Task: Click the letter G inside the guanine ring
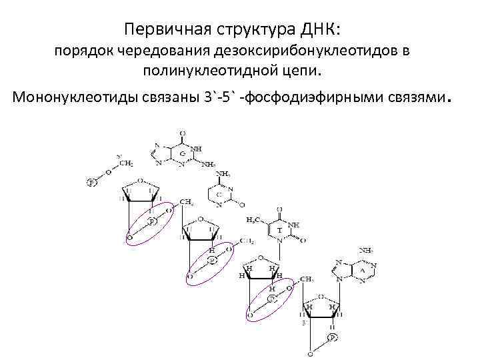coord(182,155)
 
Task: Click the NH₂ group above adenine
coord(366,251)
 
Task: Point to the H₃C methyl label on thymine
coord(253,219)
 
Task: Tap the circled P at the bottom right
coord(332,338)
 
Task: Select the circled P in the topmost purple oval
coord(152,220)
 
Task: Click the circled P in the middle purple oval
coord(212,260)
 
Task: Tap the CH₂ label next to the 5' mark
coord(125,163)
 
